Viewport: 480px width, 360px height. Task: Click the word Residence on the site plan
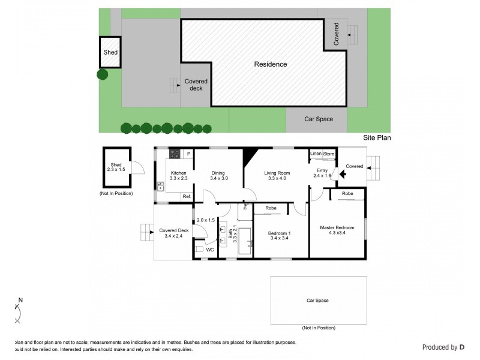pyautogui.click(x=270, y=64)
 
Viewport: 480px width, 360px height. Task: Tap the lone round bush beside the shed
pyautogui.click(x=103, y=74)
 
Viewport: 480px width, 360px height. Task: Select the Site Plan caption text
pyautogui.click(x=377, y=137)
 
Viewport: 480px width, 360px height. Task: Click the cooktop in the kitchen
pyautogui.click(x=175, y=154)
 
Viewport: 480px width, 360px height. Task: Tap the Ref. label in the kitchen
pyautogui.click(x=187, y=197)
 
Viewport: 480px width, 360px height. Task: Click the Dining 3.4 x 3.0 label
pyautogui.click(x=217, y=176)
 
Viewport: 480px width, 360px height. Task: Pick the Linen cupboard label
pyautogui.click(x=316, y=154)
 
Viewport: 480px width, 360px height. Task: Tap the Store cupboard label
pyautogui.click(x=329, y=154)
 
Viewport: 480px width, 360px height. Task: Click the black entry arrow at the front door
pyautogui.click(x=343, y=175)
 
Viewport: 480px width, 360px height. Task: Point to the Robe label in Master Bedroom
pyautogui.click(x=347, y=194)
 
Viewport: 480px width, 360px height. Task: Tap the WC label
pyautogui.click(x=210, y=250)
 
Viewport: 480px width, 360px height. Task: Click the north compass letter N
pyautogui.click(x=20, y=300)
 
